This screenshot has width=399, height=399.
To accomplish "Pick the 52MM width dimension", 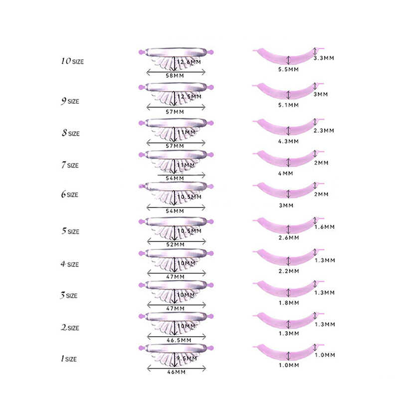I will pos(175,244).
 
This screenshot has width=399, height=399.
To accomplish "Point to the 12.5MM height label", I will pos(189,95).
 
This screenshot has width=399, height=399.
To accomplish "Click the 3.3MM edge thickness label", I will pos(324,58).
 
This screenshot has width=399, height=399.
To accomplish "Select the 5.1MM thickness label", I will pos(288,105).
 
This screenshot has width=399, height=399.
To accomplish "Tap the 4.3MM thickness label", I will pos(288,141).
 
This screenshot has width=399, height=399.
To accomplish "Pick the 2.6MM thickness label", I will pos(288,238).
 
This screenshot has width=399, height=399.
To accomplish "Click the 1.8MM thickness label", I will pos(288,302).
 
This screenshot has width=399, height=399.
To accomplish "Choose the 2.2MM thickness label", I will pos(288,271).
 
